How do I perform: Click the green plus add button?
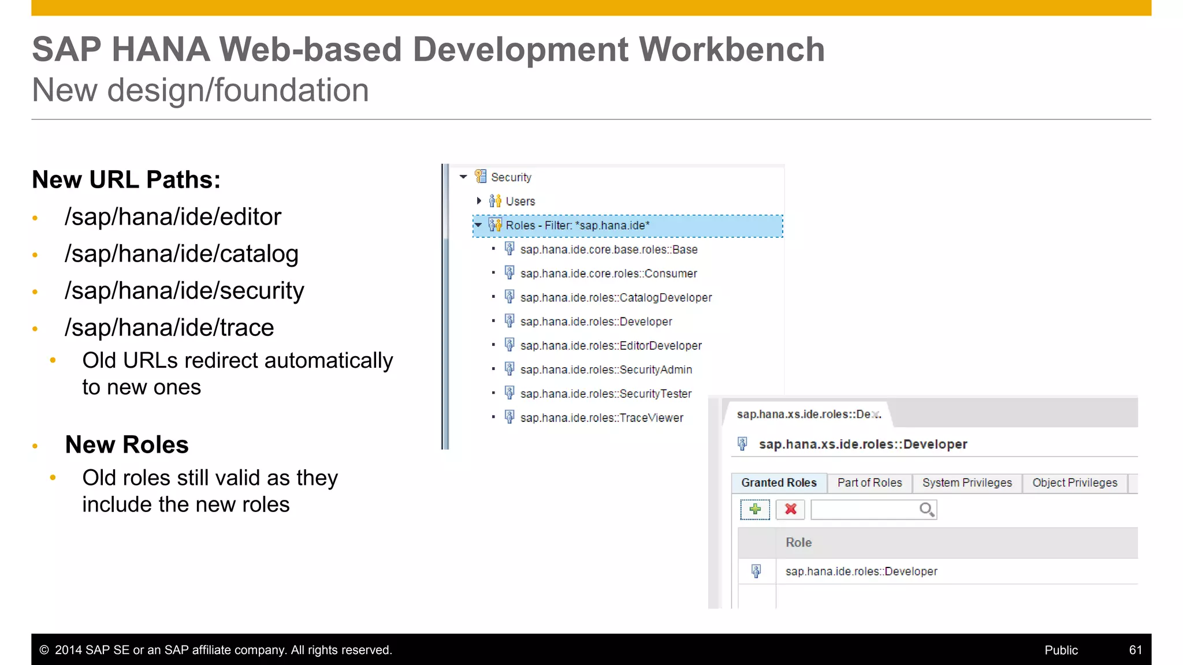coord(755,509)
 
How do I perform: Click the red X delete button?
coord(790,509)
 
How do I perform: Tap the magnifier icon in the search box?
coord(927,509)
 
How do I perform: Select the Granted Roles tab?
coord(779,483)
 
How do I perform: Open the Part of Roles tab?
coord(869,483)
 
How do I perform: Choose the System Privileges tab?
coord(967,483)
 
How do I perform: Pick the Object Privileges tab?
coord(1074,483)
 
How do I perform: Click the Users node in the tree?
coord(520,201)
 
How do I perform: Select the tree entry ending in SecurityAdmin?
coord(605,369)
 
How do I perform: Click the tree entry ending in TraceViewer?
coord(601,418)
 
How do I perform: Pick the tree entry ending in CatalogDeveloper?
coord(616,298)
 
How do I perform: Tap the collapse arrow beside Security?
coord(463,177)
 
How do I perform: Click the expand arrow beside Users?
coord(479,201)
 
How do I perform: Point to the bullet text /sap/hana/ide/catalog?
coord(181,254)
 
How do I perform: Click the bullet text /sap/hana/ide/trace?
coord(169,328)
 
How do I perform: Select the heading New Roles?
coord(127,445)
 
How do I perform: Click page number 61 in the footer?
coord(1135,650)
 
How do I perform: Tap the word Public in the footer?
coord(1061,650)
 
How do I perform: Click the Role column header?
coord(798,543)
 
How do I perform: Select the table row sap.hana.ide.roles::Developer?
coord(861,571)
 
